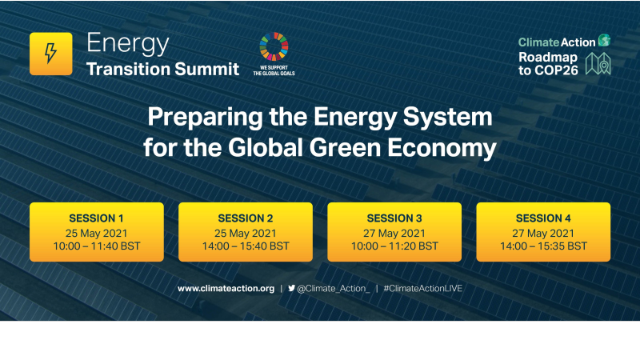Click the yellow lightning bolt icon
pos(50,54)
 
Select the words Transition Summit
pos(162,68)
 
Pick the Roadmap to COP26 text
pos(549,64)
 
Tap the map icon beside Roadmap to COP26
pos(598,64)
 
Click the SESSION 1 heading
pos(96,218)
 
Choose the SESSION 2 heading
pos(245,218)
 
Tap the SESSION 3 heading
pos(394,218)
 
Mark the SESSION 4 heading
pos(543,218)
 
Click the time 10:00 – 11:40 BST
pos(96,246)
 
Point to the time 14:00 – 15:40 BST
pos(245,246)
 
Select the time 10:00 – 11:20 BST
pos(394,246)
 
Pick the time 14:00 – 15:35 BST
pos(543,246)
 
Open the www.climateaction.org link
pos(226,288)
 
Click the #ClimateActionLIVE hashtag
pos(422,288)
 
